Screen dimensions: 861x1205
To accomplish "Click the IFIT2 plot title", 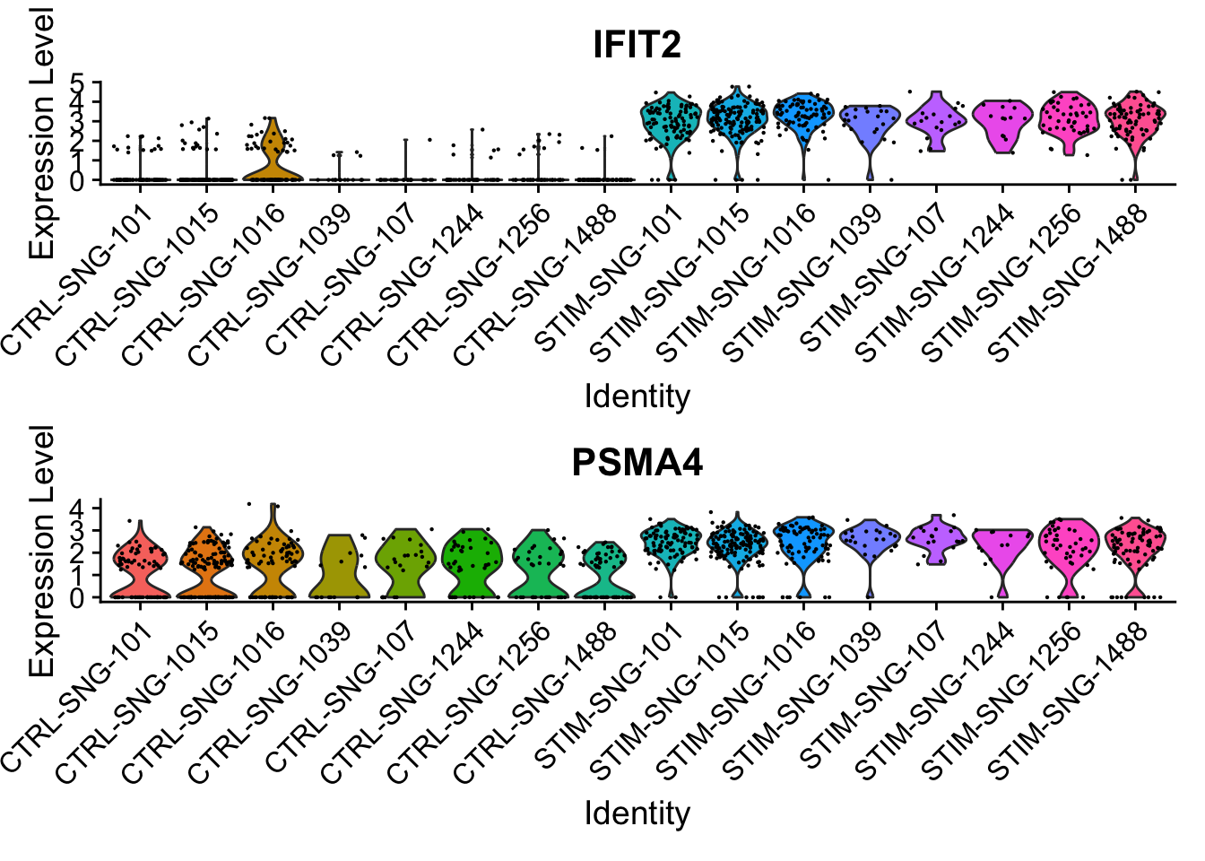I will pyautogui.click(x=637, y=44).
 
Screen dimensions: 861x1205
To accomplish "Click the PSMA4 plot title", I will pyautogui.click(x=637, y=462).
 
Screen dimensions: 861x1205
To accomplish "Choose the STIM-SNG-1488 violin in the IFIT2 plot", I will pyautogui.click(x=1135, y=121).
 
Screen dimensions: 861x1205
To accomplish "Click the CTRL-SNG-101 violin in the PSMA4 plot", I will pyautogui.click(x=141, y=565).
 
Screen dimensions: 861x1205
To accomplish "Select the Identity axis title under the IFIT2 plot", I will pyautogui.click(x=637, y=396).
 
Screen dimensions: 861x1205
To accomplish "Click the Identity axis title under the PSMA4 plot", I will pyautogui.click(x=637, y=813).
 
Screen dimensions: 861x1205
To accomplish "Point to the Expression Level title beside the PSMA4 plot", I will pyautogui.click(x=41, y=552).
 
